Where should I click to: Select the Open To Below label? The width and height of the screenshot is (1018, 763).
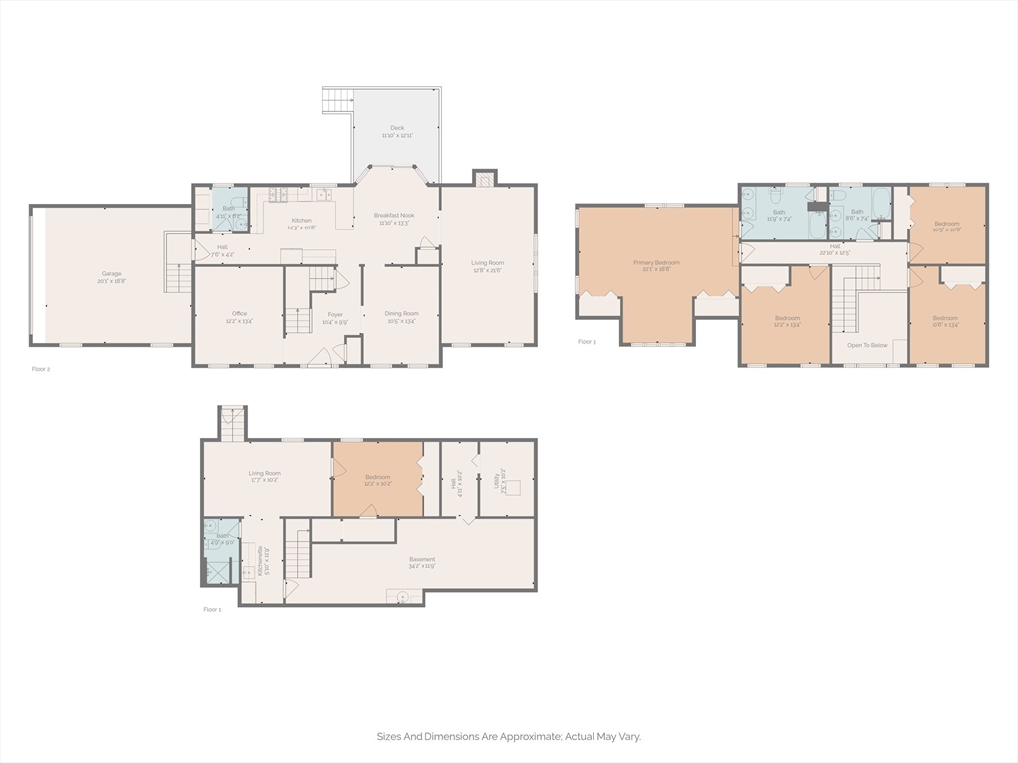click(866, 345)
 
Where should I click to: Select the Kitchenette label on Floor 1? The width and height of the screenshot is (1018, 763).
click(262, 562)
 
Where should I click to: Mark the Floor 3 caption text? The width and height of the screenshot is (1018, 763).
click(587, 341)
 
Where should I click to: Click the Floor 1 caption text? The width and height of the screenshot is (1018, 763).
click(212, 609)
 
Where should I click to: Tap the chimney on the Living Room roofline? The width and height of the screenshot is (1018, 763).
click(484, 179)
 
